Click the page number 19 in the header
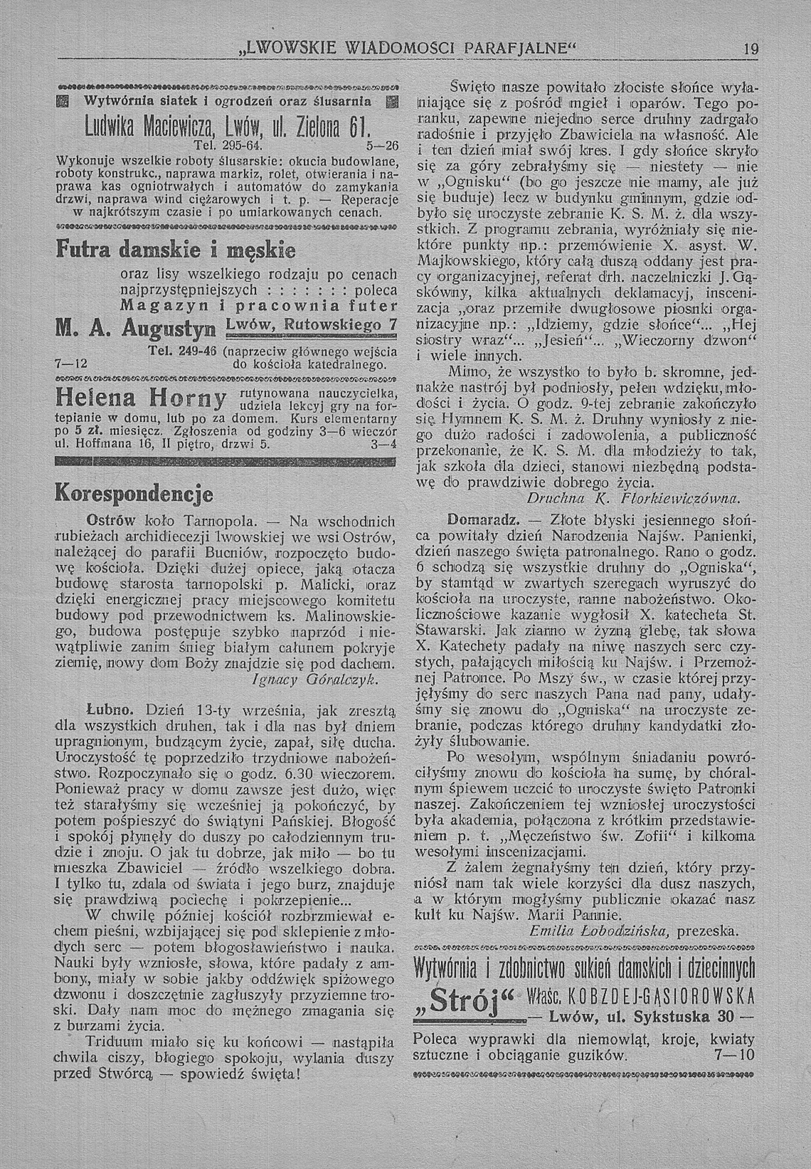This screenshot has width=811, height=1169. click(750, 49)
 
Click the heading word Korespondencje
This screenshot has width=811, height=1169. click(134, 495)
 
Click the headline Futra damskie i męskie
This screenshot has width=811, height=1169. click(175, 250)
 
